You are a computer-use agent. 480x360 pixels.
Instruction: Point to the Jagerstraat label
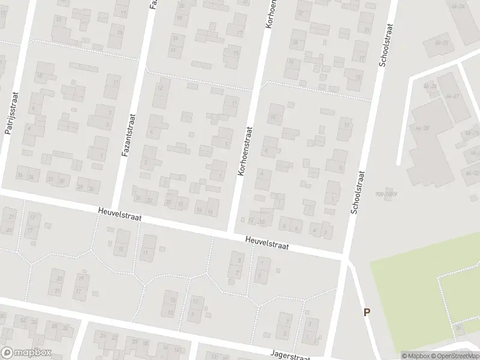click(290, 355)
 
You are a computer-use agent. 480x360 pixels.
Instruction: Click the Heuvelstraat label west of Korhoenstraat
click(120, 214)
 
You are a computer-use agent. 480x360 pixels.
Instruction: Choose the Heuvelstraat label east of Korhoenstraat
click(267, 242)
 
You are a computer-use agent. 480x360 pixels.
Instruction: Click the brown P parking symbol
click(367, 312)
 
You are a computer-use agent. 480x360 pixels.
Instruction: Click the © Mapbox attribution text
click(416, 356)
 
